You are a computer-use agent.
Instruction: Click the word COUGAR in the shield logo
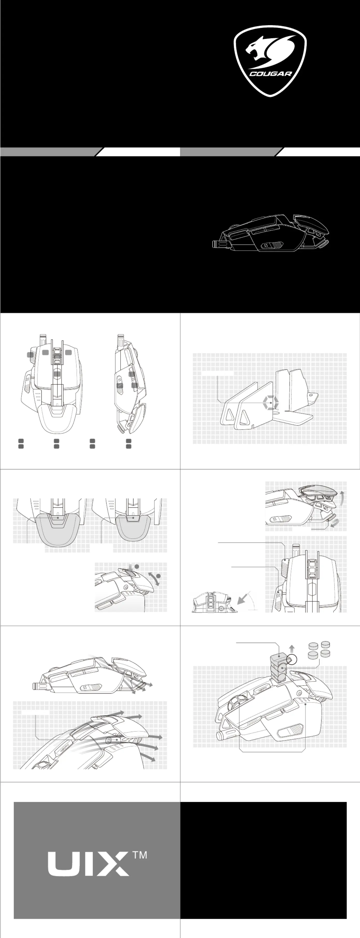tap(271, 73)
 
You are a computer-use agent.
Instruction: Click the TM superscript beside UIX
tap(140, 855)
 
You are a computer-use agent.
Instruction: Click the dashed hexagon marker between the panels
tap(271, 403)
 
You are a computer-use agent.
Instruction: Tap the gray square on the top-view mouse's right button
tap(68, 352)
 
